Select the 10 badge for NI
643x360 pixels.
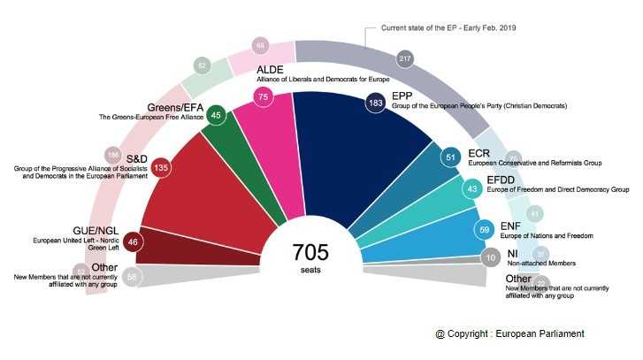490,259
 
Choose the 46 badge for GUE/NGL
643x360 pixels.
133,241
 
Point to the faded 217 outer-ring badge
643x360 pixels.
406,57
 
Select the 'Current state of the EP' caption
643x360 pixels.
448,28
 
